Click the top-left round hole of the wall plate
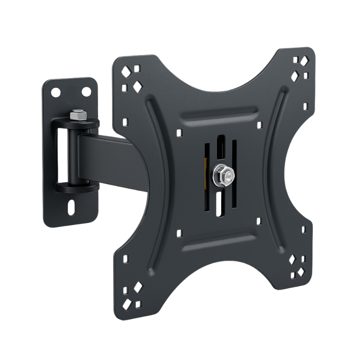click(x=56, y=93)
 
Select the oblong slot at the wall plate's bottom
click(x=72, y=208)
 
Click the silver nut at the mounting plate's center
click(x=222, y=174)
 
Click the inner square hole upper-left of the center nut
click(x=179, y=133)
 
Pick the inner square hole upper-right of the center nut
click(x=259, y=125)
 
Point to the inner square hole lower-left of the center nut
click(x=179, y=233)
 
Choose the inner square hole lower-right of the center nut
click(x=259, y=221)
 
